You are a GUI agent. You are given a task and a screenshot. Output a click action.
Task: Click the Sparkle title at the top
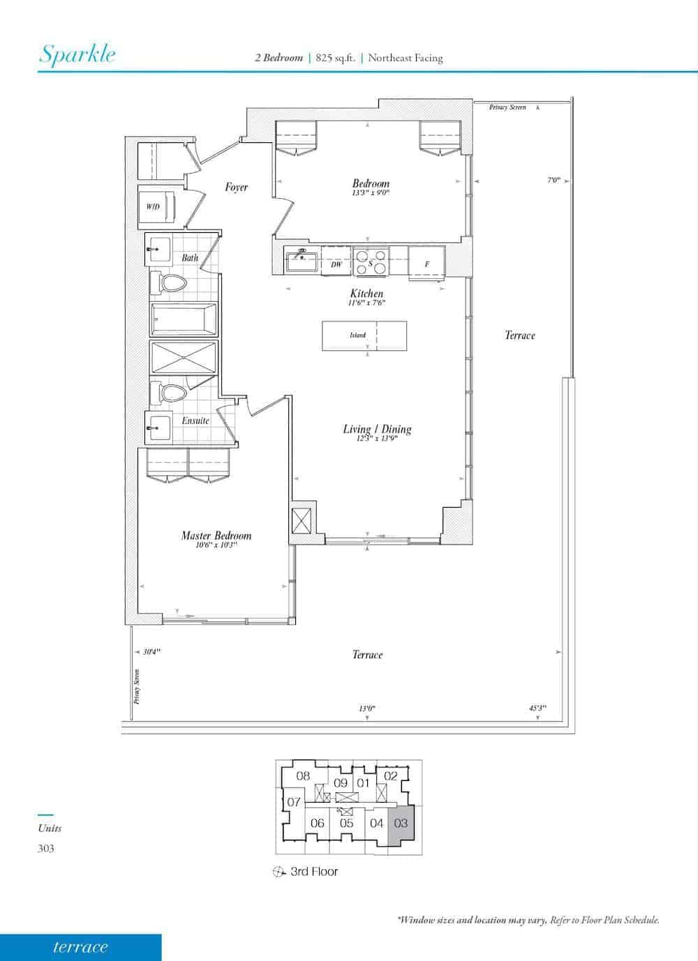[77, 54]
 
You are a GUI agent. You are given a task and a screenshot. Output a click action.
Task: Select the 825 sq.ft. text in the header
[335, 58]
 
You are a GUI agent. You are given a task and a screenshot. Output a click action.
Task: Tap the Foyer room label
[236, 187]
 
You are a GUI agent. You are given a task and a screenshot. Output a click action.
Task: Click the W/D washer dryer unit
[156, 206]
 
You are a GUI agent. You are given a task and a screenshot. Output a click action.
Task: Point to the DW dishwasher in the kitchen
[336, 260]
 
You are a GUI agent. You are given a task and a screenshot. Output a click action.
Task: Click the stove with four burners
[371, 261]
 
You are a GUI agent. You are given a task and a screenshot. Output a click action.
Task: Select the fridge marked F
[426, 263]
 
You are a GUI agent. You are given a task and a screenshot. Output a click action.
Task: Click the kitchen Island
[364, 335]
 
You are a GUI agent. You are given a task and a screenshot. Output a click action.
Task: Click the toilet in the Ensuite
[168, 393]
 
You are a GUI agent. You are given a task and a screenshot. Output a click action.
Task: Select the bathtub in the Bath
[184, 319]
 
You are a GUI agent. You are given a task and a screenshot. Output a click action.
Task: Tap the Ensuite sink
[158, 427]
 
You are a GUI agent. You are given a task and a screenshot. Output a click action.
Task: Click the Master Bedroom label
[216, 535]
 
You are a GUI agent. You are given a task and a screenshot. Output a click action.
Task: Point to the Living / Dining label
[377, 429]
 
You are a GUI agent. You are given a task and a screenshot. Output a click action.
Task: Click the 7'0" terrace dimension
[554, 180]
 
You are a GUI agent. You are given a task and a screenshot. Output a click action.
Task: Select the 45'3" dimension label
[537, 708]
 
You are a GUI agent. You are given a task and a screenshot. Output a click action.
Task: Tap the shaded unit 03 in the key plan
[401, 824]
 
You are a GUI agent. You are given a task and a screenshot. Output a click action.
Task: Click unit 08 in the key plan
[303, 775]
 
